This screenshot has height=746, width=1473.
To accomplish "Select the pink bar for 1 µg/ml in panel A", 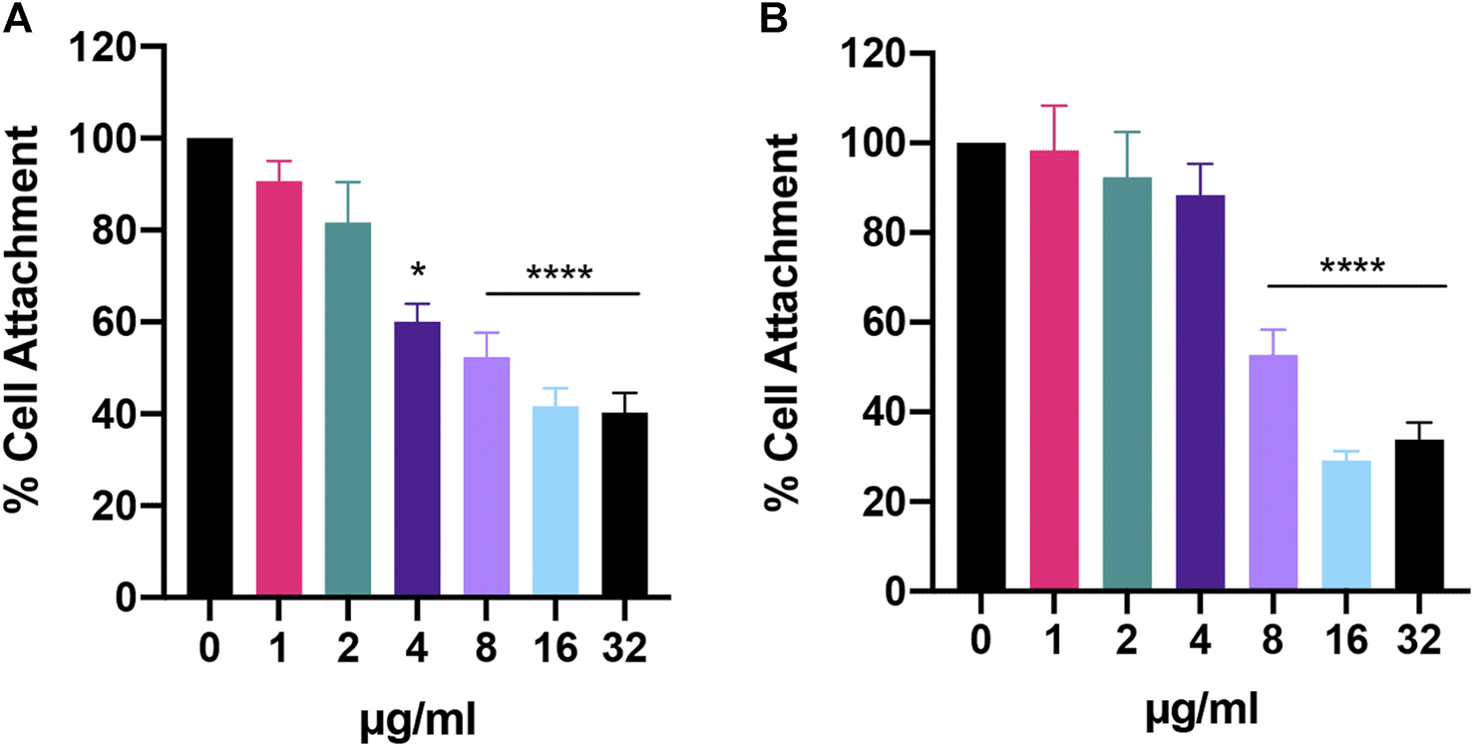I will coord(279,389).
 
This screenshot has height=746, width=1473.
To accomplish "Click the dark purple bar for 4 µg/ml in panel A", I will coord(418,459).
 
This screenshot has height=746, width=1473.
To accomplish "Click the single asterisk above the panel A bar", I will coord(418,272).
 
